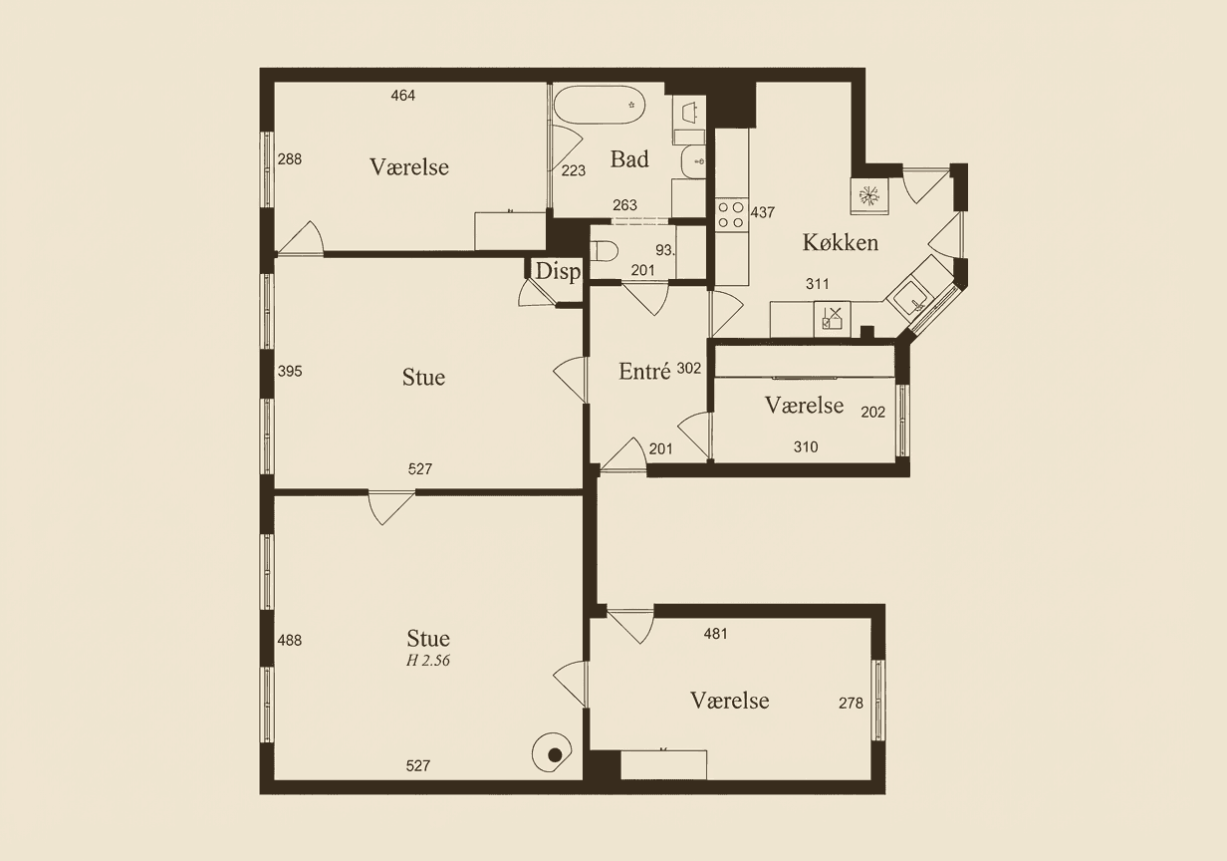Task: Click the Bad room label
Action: pos(629,159)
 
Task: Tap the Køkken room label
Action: pos(841,242)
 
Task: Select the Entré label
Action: pos(644,371)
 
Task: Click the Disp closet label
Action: pos(557,272)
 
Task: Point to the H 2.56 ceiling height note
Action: pos(428,660)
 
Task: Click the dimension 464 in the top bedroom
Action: pos(403,96)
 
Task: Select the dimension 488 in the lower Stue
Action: pos(290,641)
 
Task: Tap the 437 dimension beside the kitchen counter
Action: pos(762,212)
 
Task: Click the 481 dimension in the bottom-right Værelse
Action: pos(715,633)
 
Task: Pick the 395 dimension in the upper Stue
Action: pos(290,371)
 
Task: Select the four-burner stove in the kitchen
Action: pos(731,215)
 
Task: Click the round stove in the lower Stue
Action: pos(553,754)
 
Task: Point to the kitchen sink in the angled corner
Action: pos(910,296)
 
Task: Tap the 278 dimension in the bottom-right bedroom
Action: pos(851,703)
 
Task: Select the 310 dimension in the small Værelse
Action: pos(806,447)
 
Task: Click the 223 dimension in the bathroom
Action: pos(574,171)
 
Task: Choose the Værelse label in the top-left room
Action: pos(409,166)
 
